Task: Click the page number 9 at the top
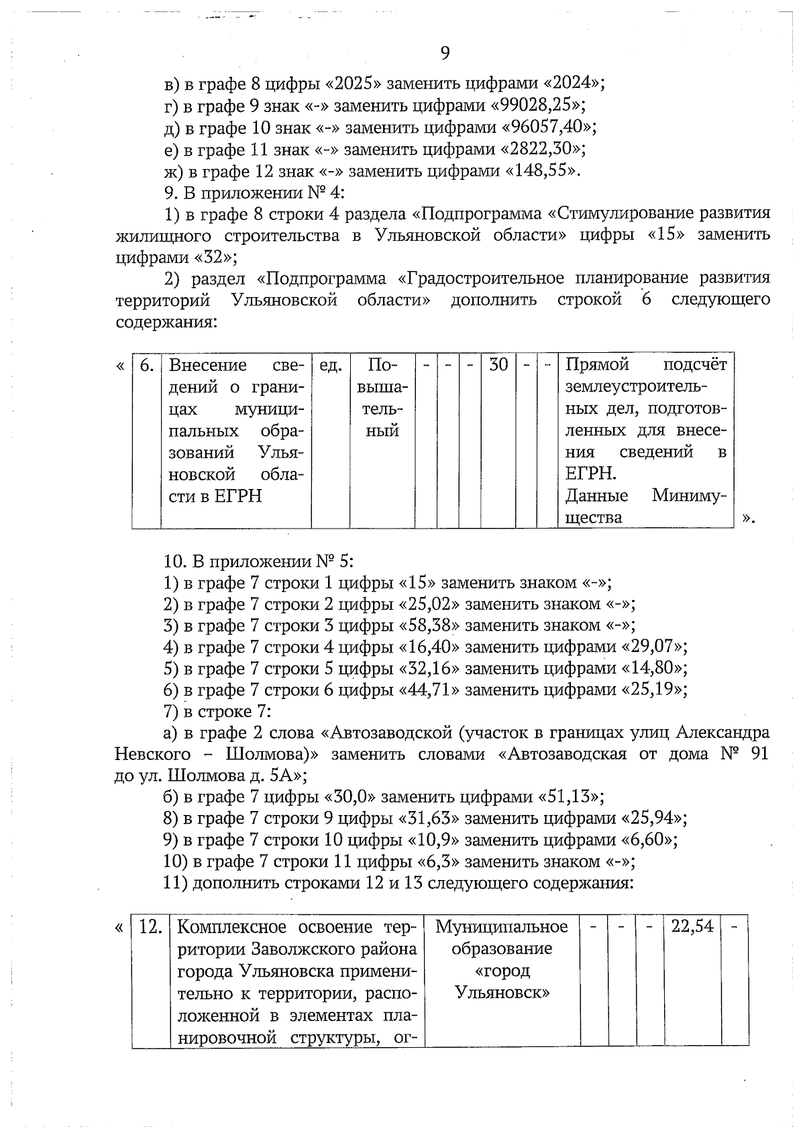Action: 445,53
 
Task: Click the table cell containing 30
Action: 498,365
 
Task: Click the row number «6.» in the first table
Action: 147,365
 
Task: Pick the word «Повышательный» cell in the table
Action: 382,398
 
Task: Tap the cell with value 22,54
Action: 692,927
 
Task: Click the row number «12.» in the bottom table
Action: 150,927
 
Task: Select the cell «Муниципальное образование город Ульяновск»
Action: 502,959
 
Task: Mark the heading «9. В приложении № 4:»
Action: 254,193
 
